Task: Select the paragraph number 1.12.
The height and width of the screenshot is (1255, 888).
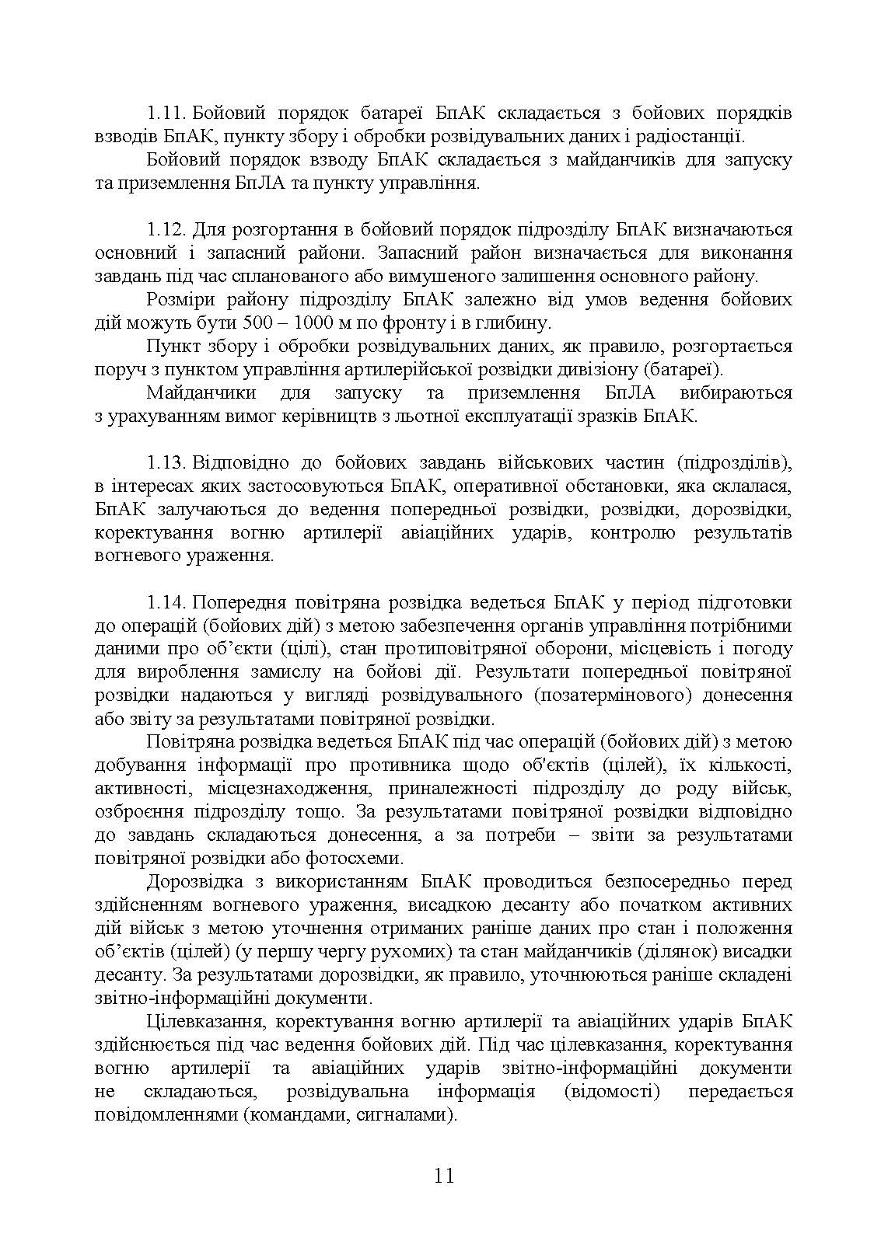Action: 166,230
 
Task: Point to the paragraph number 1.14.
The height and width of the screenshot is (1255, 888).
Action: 166,603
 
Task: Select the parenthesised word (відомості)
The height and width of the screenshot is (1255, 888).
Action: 611,1092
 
